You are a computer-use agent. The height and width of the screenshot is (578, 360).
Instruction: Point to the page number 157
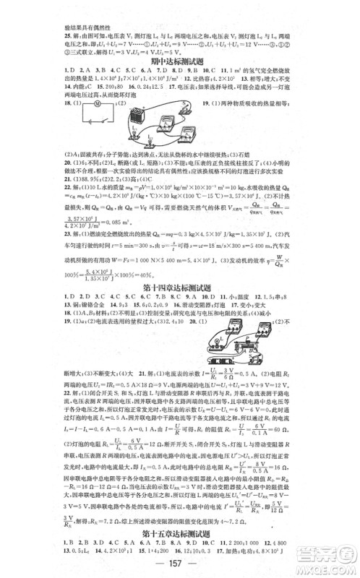(179, 564)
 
